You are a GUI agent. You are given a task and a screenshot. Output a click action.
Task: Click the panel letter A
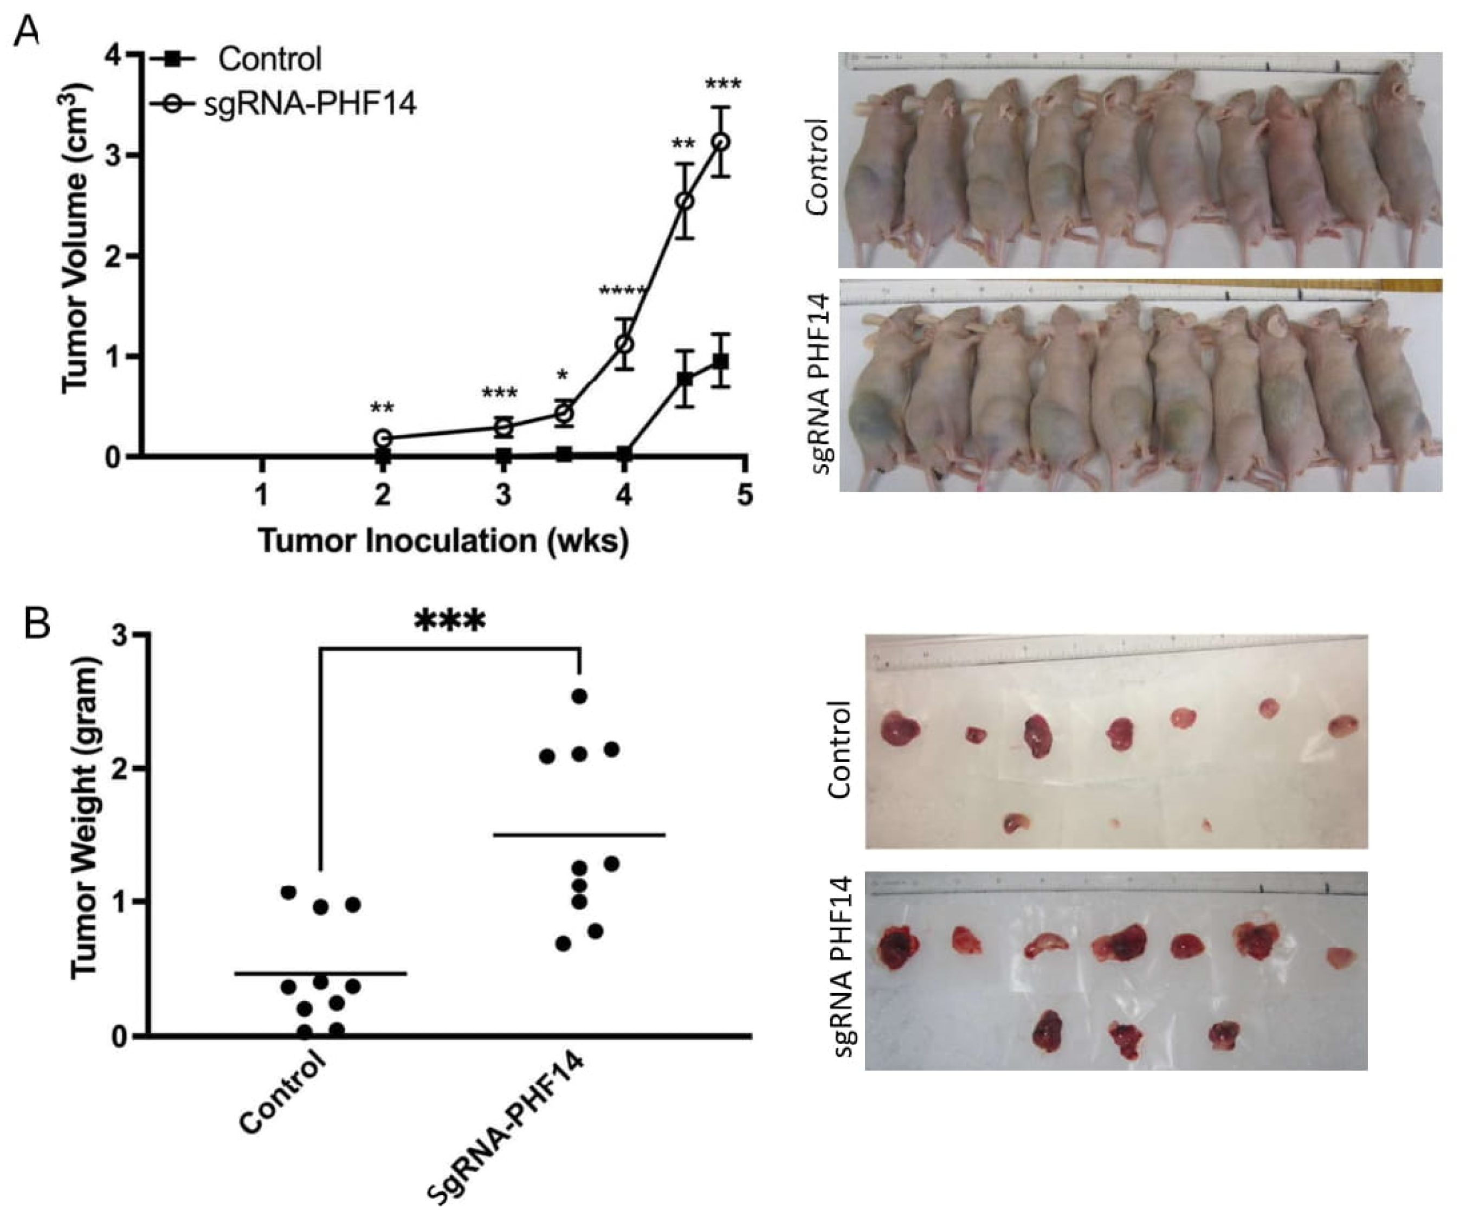(x=27, y=31)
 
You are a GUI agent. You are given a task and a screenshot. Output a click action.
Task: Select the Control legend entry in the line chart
(x=269, y=59)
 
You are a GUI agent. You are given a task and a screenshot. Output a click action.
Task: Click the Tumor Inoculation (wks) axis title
(x=444, y=541)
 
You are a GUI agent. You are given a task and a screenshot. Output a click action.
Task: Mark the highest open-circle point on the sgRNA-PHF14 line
(x=722, y=141)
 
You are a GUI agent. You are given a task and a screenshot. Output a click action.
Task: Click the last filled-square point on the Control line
(x=722, y=361)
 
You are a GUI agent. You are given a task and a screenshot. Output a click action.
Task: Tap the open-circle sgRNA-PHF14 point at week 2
(x=383, y=439)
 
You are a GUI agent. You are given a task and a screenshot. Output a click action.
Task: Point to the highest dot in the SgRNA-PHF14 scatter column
(x=579, y=696)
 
